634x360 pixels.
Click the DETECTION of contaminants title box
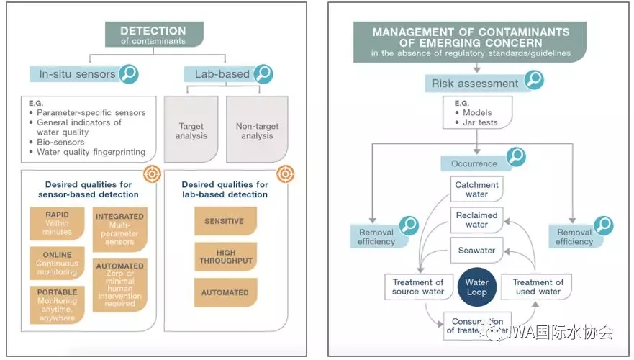click(153, 34)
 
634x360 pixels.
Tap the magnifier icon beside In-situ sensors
click(128, 73)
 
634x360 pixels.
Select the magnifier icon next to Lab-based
click(263, 73)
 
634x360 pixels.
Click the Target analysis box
click(191, 130)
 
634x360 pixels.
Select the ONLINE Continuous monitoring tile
click(57, 264)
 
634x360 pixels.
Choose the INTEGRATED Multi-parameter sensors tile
click(119, 228)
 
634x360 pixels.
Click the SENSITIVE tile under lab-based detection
click(225, 221)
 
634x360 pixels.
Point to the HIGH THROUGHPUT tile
click(225, 256)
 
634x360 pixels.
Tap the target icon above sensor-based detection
click(151, 173)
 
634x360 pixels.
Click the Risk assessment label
click(474, 84)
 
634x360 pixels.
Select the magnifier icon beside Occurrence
click(515, 158)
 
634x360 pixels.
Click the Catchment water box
click(476, 189)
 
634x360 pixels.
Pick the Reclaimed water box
click(476, 220)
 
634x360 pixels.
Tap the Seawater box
click(476, 251)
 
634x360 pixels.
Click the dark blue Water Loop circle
click(476, 287)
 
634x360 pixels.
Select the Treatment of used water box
click(538, 287)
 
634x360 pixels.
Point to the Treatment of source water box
click(417, 287)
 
